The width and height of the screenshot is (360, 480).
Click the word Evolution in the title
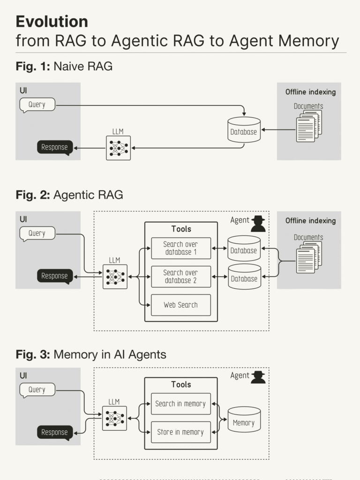(x=52, y=22)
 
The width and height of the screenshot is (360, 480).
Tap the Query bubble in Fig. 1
(x=37, y=105)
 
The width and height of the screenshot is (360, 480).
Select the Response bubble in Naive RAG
(x=55, y=147)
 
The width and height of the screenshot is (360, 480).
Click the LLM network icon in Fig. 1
(x=118, y=148)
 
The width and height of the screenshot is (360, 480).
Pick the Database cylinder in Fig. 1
(x=244, y=130)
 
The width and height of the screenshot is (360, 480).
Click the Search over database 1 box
(x=180, y=248)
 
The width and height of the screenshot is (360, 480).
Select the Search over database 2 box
(x=180, y=277)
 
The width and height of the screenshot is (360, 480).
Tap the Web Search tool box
(x=180, y=305)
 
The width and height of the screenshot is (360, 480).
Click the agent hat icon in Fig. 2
(x=258, y=224)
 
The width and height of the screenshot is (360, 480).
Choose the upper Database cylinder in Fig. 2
(x=244, y=248)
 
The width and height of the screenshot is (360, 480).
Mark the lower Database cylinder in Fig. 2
(x=244, y=277)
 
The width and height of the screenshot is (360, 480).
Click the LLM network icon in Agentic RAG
(x=115, y=277)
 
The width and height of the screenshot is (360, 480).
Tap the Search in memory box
(x=180, y=404)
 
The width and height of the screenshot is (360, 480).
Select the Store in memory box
(x=180, y=432)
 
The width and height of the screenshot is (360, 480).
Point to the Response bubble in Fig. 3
(x=55, y=432)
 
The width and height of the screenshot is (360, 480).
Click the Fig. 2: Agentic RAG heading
(x=69, y=195)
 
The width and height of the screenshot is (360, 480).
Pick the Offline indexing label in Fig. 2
(x=310, y=221)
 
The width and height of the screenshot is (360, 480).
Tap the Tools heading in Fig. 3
(x=181, y=384)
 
